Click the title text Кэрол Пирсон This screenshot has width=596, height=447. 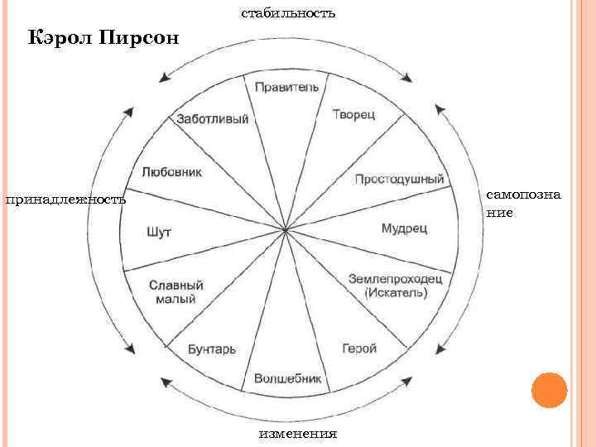tap(103, 38)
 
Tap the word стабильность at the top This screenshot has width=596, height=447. tap(288, 12)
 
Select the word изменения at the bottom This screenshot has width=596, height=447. tap(297, 434)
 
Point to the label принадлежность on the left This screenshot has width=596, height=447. tap(65, 199)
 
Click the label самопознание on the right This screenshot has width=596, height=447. tap(512, 203)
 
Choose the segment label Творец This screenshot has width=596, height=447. tap(353, 114)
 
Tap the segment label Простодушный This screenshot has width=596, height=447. tap(400, 179)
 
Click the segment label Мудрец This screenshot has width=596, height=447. tap(403, 228)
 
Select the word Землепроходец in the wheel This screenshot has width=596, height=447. tap(396, 279)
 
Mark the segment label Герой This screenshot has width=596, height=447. tap(359, 348)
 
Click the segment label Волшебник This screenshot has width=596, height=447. tap(286, 377)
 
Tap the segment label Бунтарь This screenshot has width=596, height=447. tap(212, 349)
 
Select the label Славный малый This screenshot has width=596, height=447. tap(176, 291)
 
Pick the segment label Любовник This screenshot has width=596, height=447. tap(172, 172)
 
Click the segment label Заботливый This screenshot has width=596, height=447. tap(213, 119)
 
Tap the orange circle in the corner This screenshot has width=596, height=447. tap(547, 389)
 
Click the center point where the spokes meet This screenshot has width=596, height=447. tap(286, 229)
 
